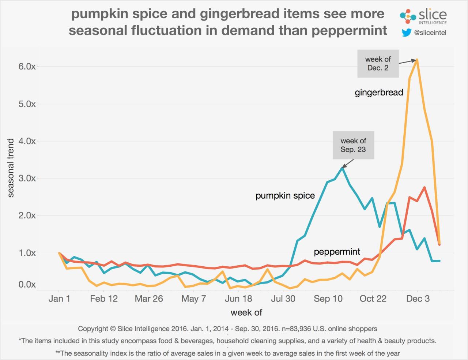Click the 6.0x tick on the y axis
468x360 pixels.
pos(27,67)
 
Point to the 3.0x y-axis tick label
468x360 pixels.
pos(27,178)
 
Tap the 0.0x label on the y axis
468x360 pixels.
pos(27,284)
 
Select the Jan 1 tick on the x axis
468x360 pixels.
pos(59,299)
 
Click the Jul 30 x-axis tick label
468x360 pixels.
pos(283,299)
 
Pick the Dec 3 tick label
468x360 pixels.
pos(418,299)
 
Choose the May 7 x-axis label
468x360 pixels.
pos(193,299)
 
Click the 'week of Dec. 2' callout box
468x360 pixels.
pos(378,64)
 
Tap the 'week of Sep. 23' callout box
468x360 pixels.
pos(353,145)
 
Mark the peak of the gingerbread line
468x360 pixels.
pos(417,60)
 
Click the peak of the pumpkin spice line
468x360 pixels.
pos(343,168)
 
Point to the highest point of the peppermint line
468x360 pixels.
pos(424,187)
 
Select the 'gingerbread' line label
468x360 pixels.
pos(379,93)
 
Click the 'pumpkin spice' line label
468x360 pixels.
pos(285,196)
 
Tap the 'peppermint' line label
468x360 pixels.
pos(337,252)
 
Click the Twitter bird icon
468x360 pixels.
pos(406,33)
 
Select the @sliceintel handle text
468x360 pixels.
pos(430,33)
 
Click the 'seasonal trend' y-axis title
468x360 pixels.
pos(11,168)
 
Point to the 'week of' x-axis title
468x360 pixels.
pos(246,312)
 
